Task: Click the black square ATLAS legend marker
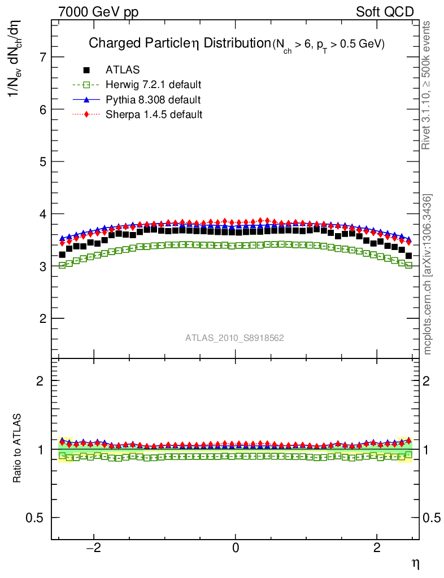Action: [86, 70]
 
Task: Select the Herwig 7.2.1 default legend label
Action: [154, 85]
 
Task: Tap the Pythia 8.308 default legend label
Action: [153, 100]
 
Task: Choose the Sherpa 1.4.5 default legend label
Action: [154, 115]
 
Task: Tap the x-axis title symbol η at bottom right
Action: [415, 563]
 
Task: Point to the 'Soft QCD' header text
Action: [385, 12]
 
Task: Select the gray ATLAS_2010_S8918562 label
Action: [234, 338]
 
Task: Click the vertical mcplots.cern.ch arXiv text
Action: [428, 274]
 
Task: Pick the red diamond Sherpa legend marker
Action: [86, 115]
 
